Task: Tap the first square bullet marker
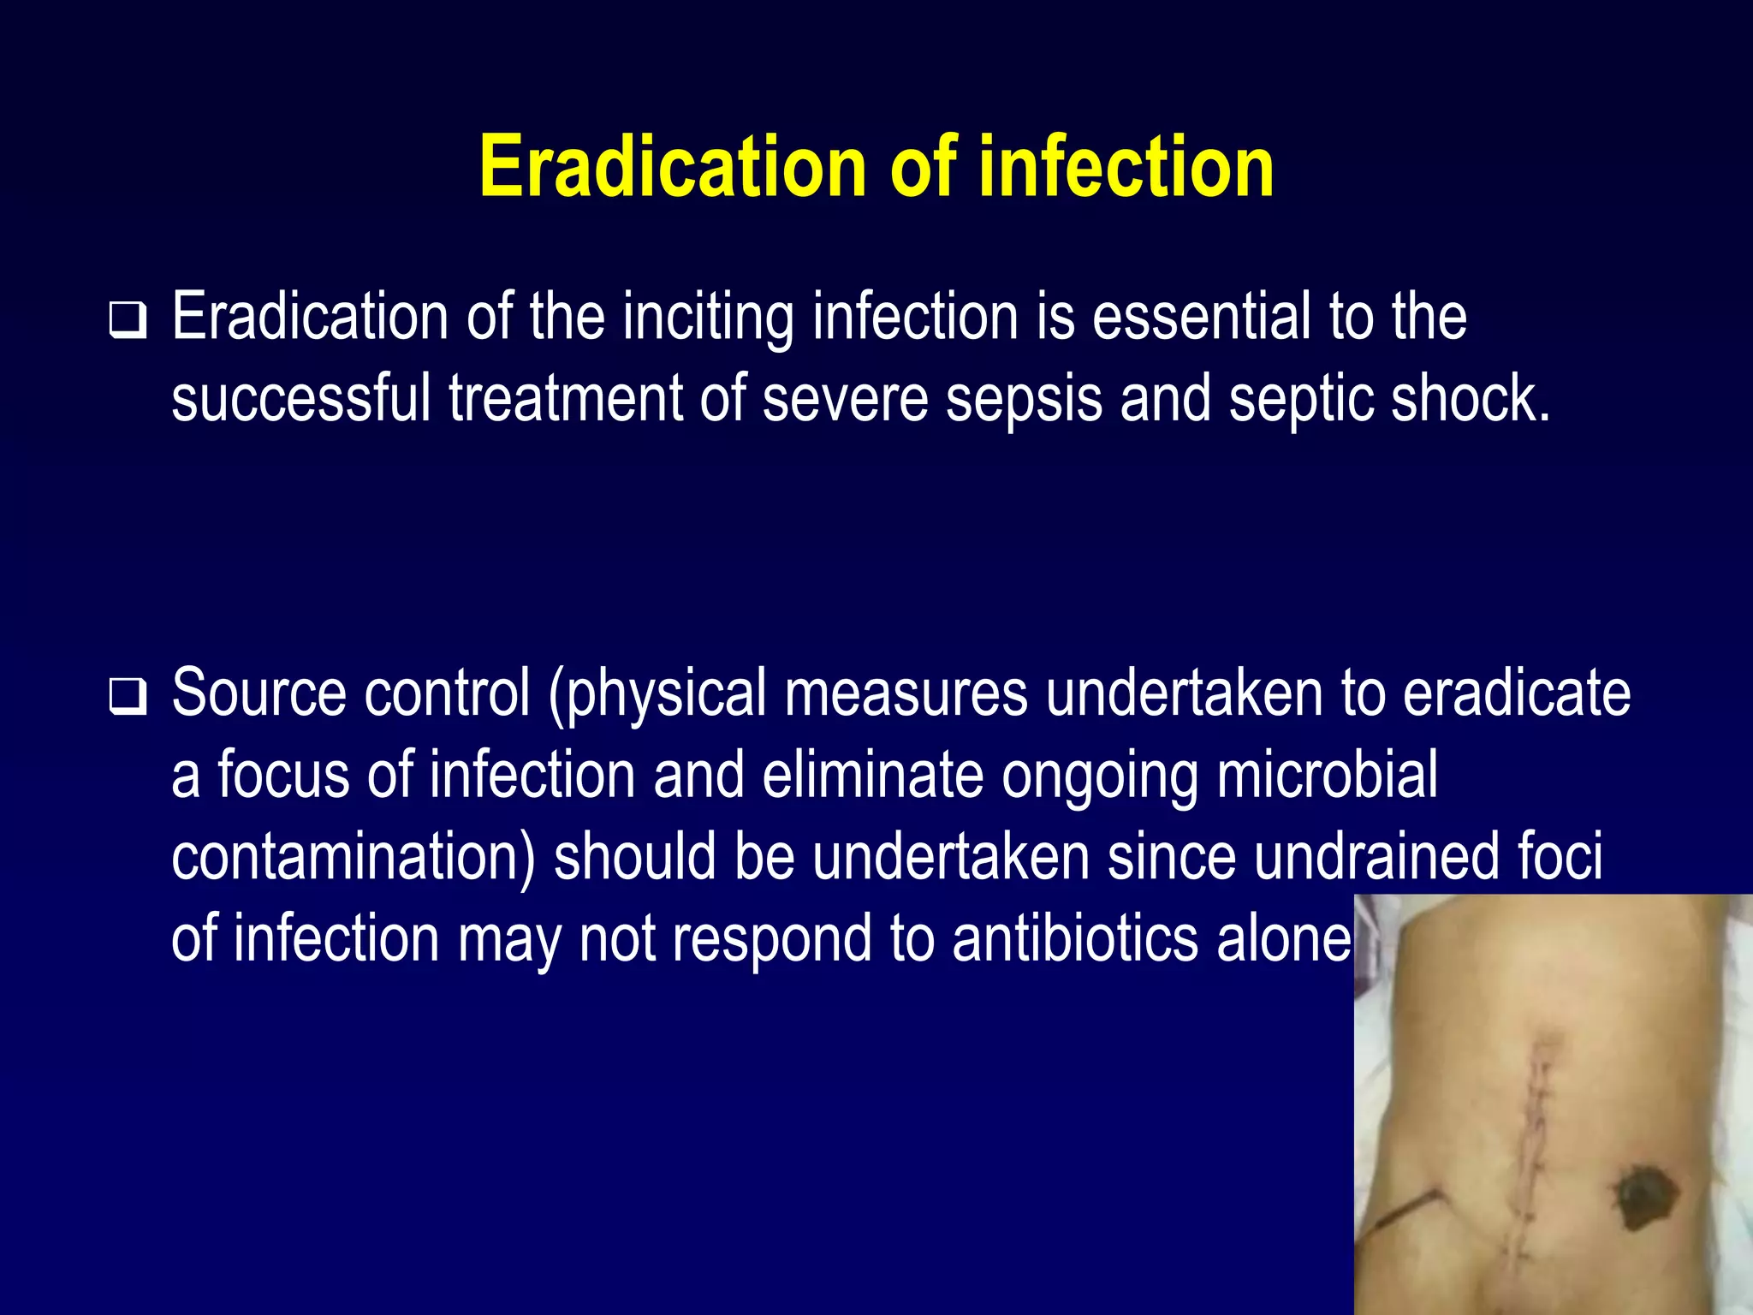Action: (x=128, y=320)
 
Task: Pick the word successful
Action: (x=300, y=399)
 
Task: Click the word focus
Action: (x=283, y=775)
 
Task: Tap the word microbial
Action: (x=1328, y=775)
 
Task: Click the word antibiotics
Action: (x=1075, y=939)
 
